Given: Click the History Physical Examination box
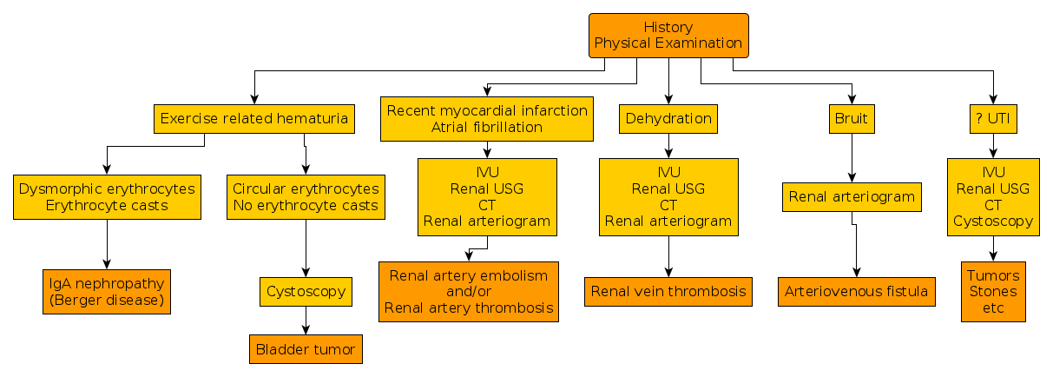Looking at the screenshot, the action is click(x=668, y=36).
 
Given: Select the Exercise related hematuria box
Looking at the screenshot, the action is click(x=254, y=119).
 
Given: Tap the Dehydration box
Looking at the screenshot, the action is click(x=668, y=119).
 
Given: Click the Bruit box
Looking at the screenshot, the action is click(x=852, y=119).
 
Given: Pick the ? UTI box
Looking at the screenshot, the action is click(x=993, y=119).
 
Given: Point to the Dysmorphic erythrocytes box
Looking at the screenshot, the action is click(x=107, y=197).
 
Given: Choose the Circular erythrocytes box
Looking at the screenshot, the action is click(x=306, y=197).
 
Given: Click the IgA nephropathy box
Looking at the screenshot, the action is click(x=107, y=292).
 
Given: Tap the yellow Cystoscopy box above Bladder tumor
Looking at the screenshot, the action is click(x=306, y=292).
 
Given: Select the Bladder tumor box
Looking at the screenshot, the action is click(x=306, y=349).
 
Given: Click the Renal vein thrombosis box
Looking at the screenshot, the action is click(x=668, y=292).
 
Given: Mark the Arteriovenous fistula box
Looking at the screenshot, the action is click(x=857, y=292).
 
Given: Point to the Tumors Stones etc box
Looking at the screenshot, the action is click(x=993, y=292).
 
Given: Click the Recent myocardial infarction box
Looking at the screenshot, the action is click(x=487, y=119).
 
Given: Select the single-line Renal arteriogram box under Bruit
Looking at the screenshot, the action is click(x=852, y=197).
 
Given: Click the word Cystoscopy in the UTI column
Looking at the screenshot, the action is click(x=993, y=222).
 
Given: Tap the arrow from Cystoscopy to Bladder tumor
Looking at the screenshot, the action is click(x=306, y=321).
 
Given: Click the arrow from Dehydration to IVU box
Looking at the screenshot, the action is click(x=668, y=146).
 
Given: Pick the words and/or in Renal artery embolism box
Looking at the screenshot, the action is click(x=469, y=292).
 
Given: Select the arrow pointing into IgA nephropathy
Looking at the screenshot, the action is click(x=107, y=244).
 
